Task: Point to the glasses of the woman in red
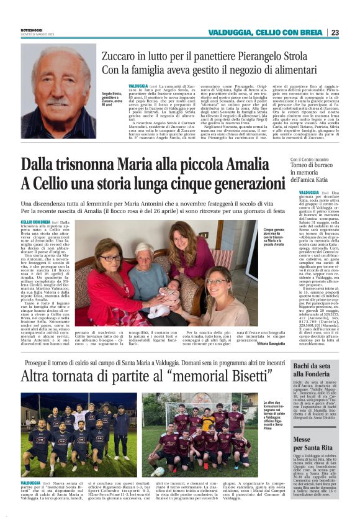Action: coord(110,258)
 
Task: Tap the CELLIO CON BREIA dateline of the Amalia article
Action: coord(35,222)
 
